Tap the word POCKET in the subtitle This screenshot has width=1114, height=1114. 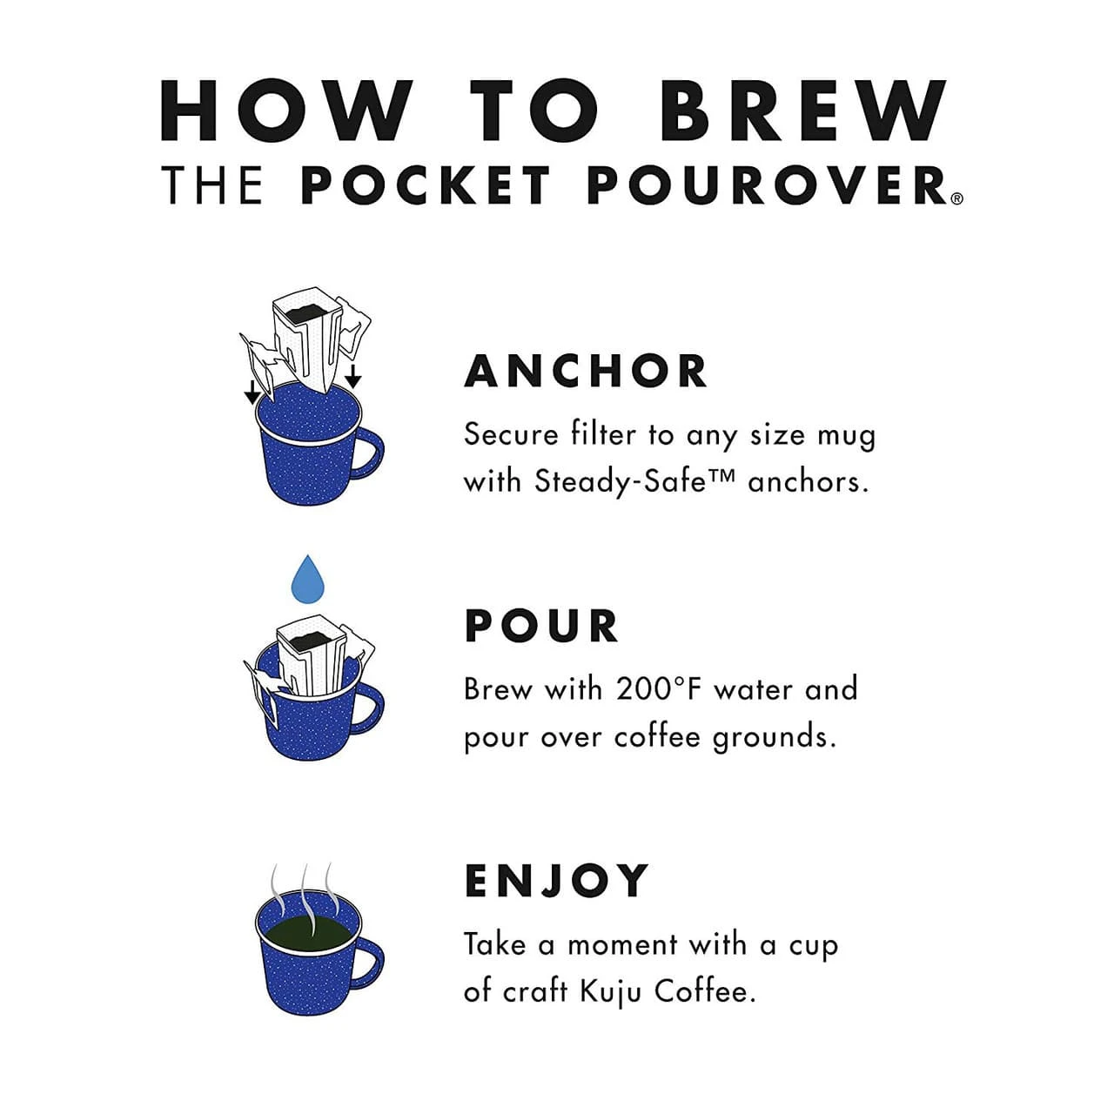(x=426, y=185)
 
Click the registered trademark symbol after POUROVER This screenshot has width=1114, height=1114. (x=956, y=198)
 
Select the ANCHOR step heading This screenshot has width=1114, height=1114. (x=586, y=372)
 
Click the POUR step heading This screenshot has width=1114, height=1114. (x=541, y=627)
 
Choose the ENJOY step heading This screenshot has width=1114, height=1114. (x=557, y=881)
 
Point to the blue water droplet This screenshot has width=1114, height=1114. (x=306, y=579)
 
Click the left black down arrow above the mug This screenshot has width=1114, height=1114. (x=252, y=393)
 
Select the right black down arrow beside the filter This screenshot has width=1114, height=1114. (x=352, y=377)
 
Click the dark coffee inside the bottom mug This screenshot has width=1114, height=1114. (x=304, y=935)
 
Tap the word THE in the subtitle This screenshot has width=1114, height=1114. (x=211, y=185)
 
